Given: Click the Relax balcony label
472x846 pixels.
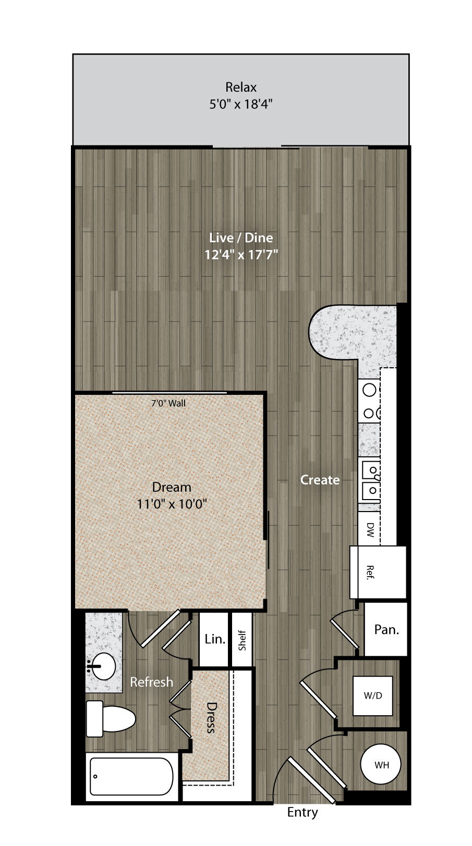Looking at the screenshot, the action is (x=241, y=87).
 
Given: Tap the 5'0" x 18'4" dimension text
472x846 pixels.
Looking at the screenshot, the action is (x=241, y=104).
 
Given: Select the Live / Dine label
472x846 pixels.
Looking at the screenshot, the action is (x=241, y=238).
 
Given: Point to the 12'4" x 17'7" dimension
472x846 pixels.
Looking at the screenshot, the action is (x=241, y=255).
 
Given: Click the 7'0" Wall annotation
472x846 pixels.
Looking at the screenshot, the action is (x=168, y=403).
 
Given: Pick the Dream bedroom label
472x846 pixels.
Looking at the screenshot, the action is (x=171, y=487).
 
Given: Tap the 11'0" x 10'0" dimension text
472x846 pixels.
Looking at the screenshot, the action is (x=172, y=504).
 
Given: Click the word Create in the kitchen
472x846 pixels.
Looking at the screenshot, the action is (x=320, y=480).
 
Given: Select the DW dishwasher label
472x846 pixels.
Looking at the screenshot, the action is (x=370, y=529).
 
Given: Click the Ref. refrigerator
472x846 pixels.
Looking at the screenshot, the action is (x=378, y=572).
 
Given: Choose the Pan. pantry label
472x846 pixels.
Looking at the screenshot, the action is (x=386, y=630).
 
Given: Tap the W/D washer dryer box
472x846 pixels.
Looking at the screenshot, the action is (x=372, y=695).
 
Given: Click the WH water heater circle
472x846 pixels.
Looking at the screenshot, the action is (x=381, y=765).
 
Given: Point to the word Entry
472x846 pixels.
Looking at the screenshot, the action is (x=302, y=812).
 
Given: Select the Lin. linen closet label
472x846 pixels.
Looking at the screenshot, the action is (x=215, y=639).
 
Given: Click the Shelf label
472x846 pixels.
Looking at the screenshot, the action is (x=242, y=640).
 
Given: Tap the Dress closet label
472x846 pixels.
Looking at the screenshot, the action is (x=211, y=718).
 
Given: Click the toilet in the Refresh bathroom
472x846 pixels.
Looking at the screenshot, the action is (x=111, y=719).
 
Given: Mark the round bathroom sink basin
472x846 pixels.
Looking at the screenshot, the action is (x=103, y=666).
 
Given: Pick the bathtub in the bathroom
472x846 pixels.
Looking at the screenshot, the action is (x=131, y=777).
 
